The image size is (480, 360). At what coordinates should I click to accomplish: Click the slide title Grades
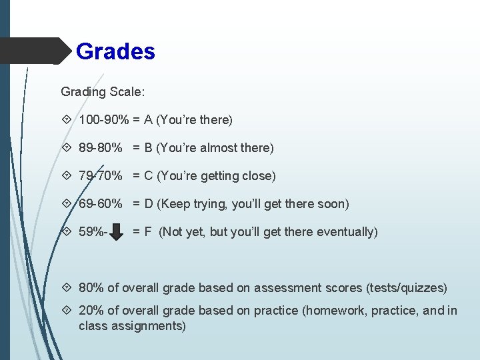[x=115, y=51]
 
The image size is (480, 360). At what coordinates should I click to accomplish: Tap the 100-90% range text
[x=103, y=120]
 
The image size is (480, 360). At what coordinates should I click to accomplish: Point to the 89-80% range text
[x=100, y=148]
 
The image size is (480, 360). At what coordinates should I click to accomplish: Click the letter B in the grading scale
[x=148, y=148]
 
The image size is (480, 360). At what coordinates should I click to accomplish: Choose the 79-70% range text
[x=100, y=176]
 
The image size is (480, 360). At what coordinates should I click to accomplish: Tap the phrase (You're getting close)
[x=216, y=176]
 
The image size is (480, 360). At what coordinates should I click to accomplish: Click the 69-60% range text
[x=100, y=204]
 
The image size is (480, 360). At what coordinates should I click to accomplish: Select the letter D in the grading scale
[x=148, y=204]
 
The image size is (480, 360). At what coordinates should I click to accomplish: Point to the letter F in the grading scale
[x=148, y=232]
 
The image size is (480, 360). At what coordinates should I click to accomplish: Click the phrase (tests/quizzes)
[x=407, y=288]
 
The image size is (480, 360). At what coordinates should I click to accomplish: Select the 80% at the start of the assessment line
[x=91, y=288]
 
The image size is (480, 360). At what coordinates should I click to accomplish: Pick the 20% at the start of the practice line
[x=91, y=311]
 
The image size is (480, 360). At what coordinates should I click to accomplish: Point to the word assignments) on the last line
[x=147, y=326]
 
